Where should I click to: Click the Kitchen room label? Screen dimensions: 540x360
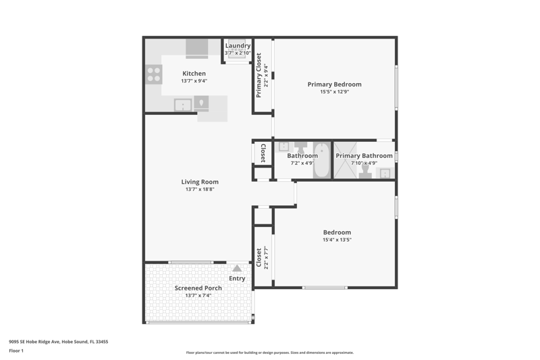pyautogui.click(x=194, y=74)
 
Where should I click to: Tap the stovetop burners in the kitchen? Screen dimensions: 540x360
pyautogui.click(x=154, y=74)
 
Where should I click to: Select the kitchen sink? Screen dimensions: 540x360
pyautogui.click(x=182, y=105)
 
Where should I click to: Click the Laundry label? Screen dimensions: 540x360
pyautogui.click(x=238, y=45)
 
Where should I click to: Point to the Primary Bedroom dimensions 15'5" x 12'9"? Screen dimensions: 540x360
pyautogui.click(x=334, y=92)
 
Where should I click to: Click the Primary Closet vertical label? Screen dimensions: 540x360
pyautogui.click(x=259, y=75)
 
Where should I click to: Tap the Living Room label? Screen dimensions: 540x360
pyautogui.click(x=200, y=182)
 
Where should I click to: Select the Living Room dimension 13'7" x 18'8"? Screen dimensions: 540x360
pyautogui.click(x=200, y=189)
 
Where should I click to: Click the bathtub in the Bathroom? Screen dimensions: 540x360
pyautogui.click(x=322, y=161)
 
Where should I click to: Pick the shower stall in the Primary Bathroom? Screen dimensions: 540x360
pyautogui.click(x=346, y=161)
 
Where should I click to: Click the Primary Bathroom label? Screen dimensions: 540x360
pyautogui.click(x=364, y=156)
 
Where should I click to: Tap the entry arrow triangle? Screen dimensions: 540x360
pyautogui.click(x=237, y=268)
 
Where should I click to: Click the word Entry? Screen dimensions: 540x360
pyautogui.click(x=237, y=278)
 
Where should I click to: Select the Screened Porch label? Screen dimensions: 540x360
pyautogui.click(x=198, y=288)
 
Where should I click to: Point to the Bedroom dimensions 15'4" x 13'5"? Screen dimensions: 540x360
pyautogui.click(x=337, y=240)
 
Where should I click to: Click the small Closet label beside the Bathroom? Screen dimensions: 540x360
pyautogui.click(x=263, y=153)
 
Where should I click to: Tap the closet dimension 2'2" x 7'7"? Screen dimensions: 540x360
pyautogui.click(x=266, y=257)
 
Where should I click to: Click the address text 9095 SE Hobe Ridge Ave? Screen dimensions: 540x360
pyautogui.click(x=34, y=342)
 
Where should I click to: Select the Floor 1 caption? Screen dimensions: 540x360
pyautogui.click(x=16, y=351)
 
